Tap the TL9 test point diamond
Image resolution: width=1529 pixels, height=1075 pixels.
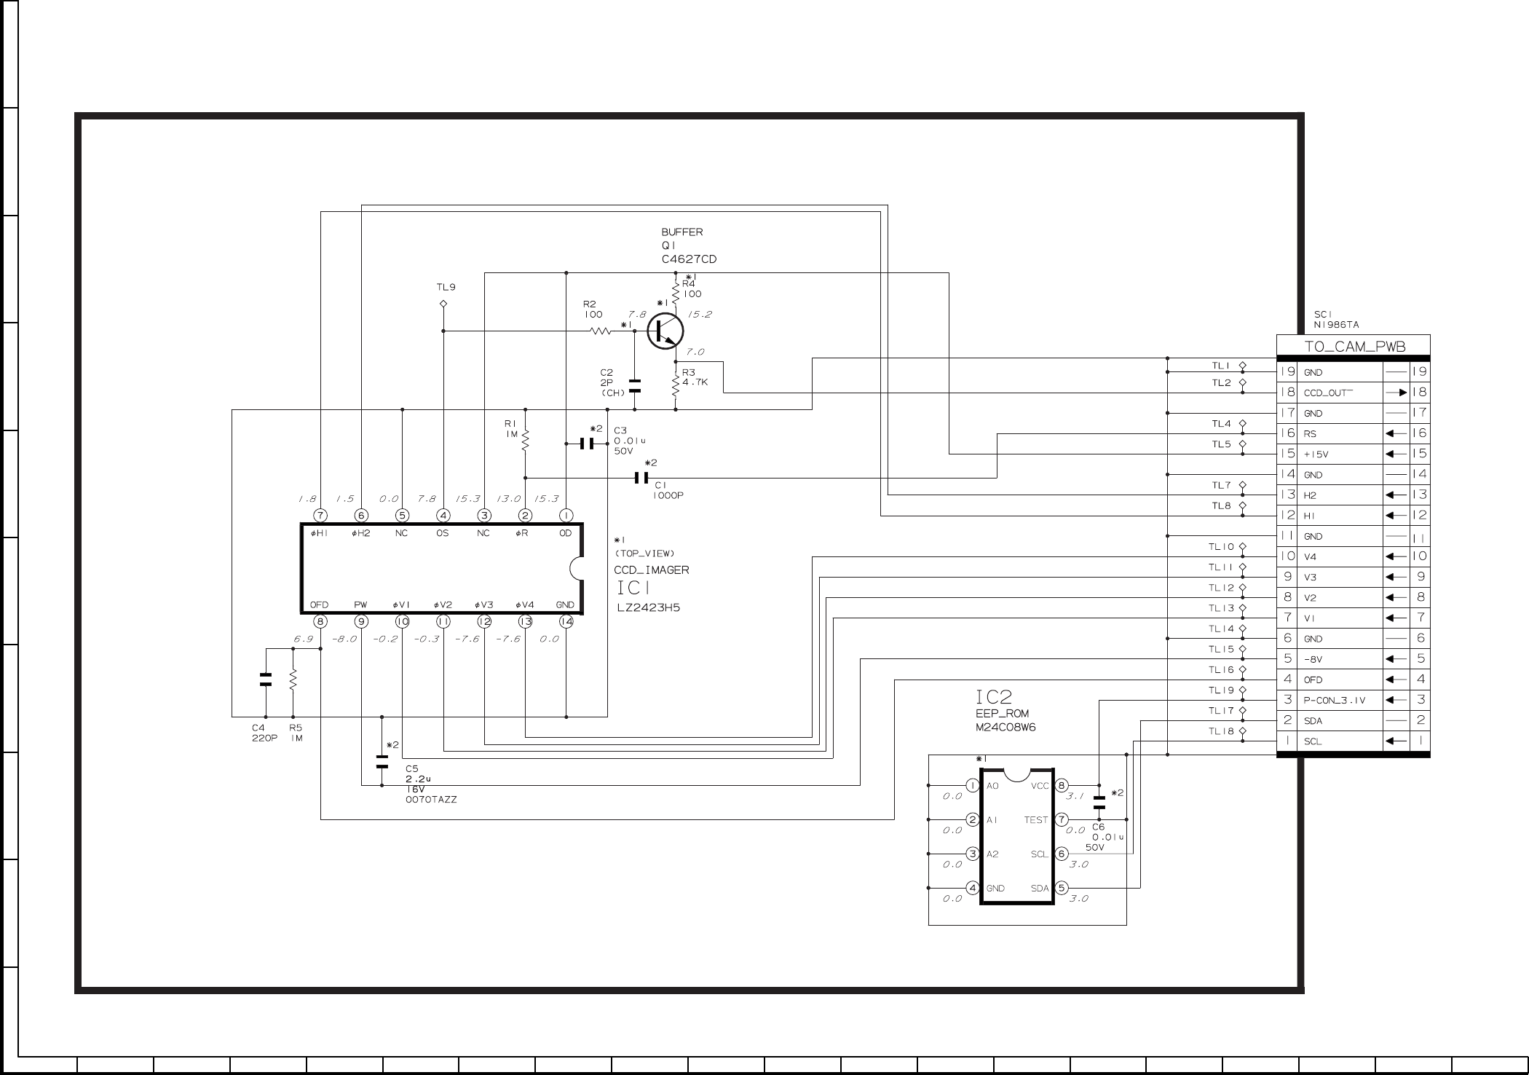pos(443,303)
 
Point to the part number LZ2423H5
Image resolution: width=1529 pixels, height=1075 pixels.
pos(647,607)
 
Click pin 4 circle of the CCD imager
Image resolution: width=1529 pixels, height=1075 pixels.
pos(443,516)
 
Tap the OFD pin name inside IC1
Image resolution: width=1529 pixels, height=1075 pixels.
pos(319,605)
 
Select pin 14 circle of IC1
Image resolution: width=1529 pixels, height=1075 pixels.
pos(566,622)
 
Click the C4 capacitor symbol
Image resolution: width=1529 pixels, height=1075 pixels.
pos(266,680)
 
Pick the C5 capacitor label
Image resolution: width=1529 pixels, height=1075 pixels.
pos(412,768)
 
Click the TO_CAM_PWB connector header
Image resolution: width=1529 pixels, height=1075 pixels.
pos(1354,347)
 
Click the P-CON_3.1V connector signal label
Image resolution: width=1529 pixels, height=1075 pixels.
pos(1335,701)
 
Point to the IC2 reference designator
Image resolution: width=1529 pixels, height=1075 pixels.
pos(994,697)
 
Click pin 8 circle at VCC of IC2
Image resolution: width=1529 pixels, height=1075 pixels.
pos(1062,786)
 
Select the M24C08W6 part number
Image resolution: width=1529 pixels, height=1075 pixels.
pos(1005,728)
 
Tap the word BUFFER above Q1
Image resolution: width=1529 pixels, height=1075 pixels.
pos(682,232)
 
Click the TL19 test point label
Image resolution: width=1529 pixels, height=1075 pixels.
pos(1221,690)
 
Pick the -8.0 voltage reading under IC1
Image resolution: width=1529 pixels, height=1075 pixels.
pos(344,639)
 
